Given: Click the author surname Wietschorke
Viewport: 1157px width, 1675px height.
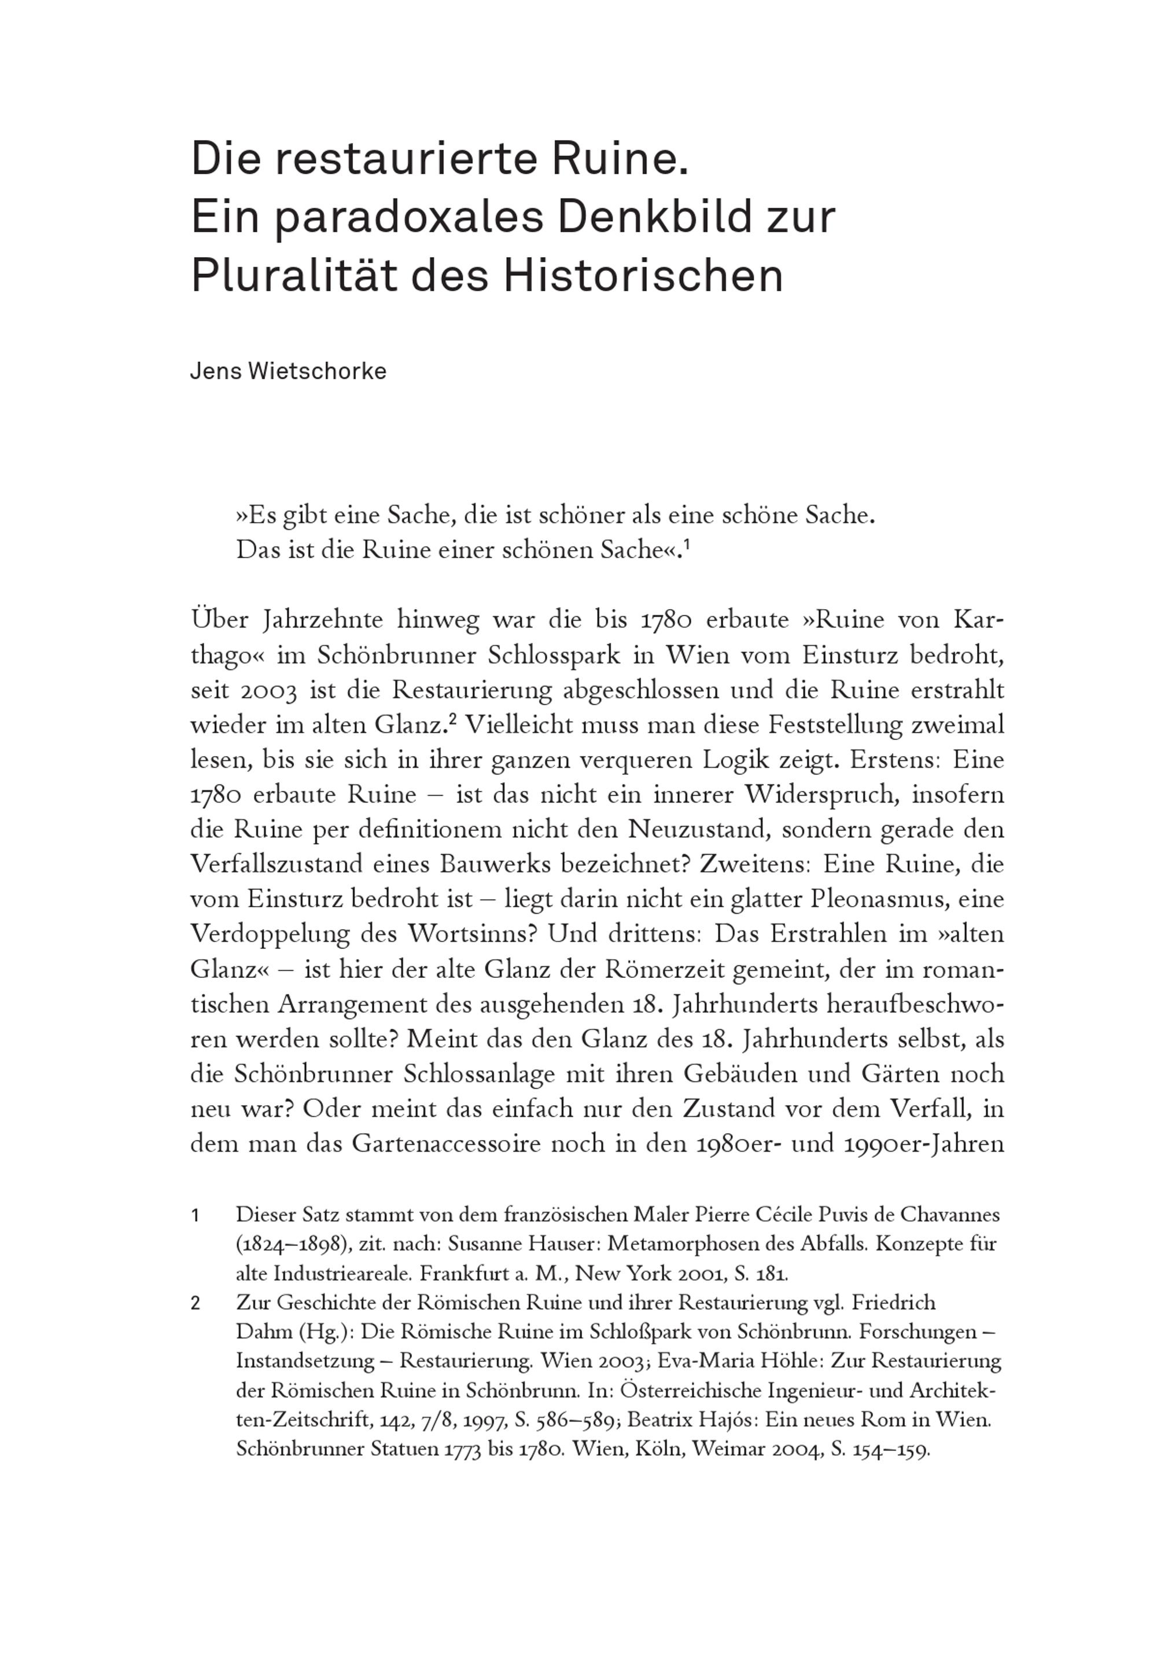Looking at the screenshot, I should coord(318,371).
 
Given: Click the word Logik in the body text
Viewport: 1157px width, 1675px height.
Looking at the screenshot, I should coord(740,760).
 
